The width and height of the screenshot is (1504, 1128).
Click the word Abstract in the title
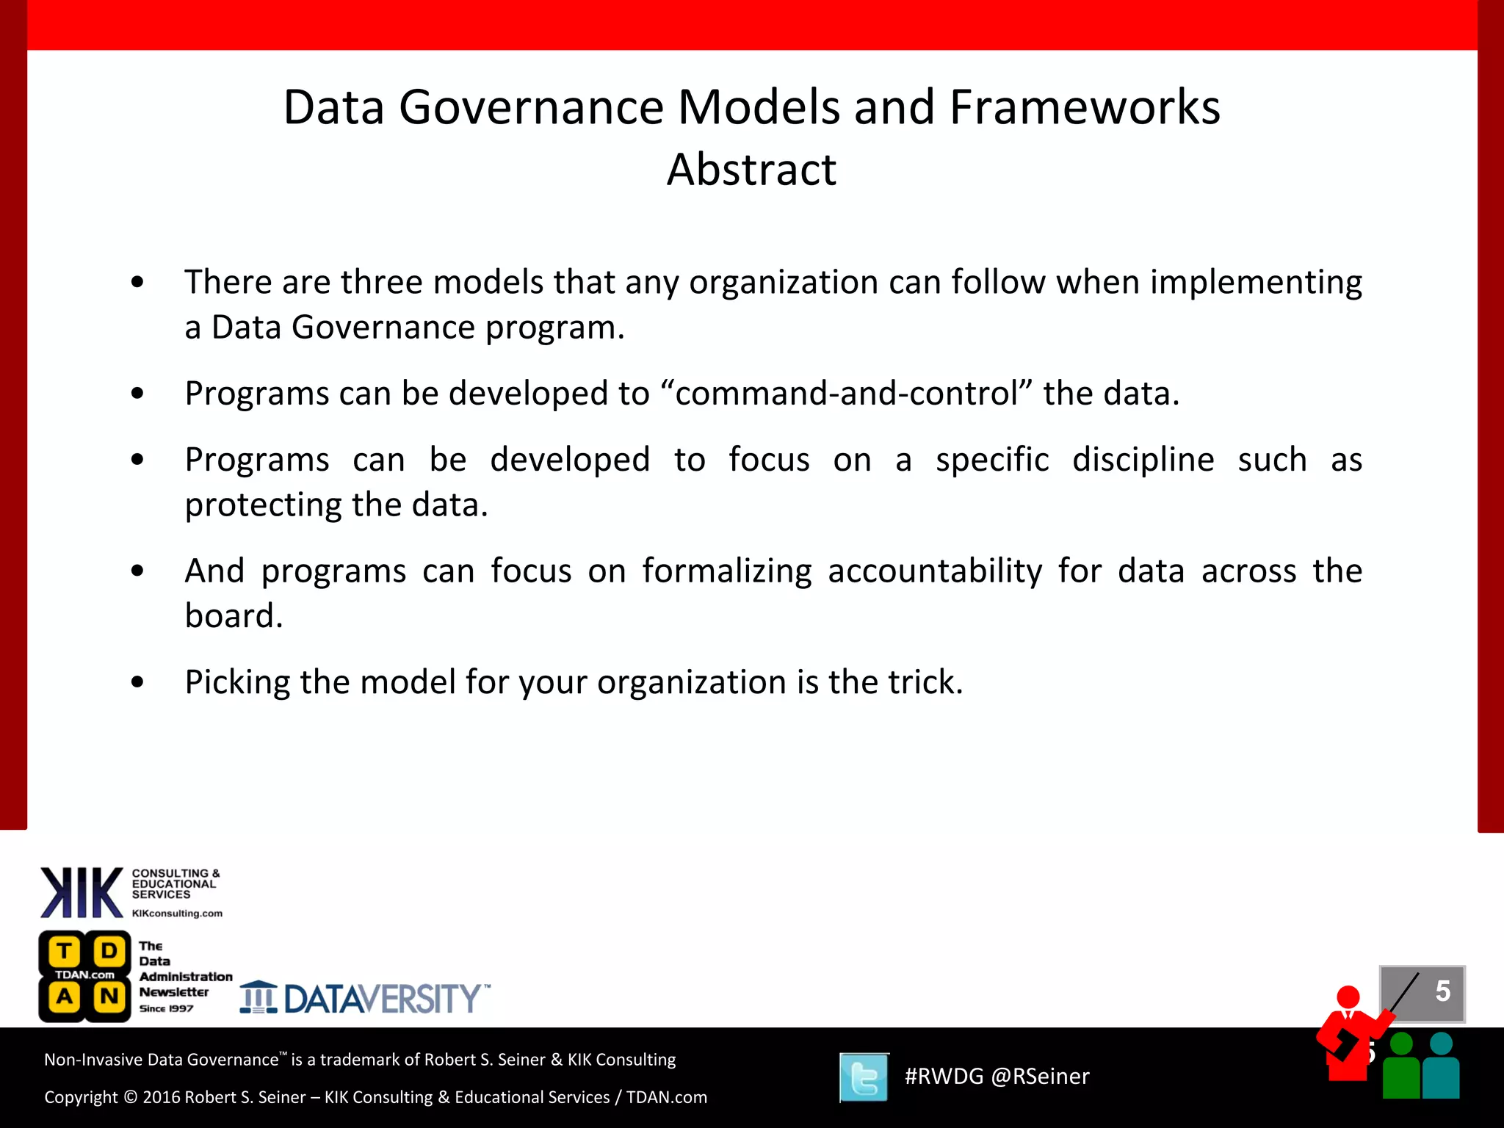[x=751, y=170]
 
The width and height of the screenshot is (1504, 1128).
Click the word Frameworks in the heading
[x=1085, y=107]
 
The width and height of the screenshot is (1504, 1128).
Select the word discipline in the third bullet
[x=1143, y=460]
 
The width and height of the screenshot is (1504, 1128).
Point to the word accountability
[x=934, y=571]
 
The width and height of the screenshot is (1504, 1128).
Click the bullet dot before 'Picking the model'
[x=137, y=682]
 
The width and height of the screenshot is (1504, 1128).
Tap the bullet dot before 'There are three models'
[x=137, y=283]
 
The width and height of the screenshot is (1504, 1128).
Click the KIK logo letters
[x=82, y=892]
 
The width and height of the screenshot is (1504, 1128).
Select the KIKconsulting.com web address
[x=177, y=914]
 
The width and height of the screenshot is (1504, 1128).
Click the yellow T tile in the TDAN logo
[x=65, y=952]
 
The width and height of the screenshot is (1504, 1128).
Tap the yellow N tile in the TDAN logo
[x=109, y=997]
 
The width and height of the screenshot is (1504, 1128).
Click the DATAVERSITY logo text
[x=382, y=999]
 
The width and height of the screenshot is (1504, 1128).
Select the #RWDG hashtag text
[x=943, y=1077]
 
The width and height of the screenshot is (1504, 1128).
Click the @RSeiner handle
[x=1040, y=1077]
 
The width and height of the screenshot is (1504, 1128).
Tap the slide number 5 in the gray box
[x=1442, y=991]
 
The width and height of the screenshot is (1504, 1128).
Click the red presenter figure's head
[x=1348, y=997]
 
